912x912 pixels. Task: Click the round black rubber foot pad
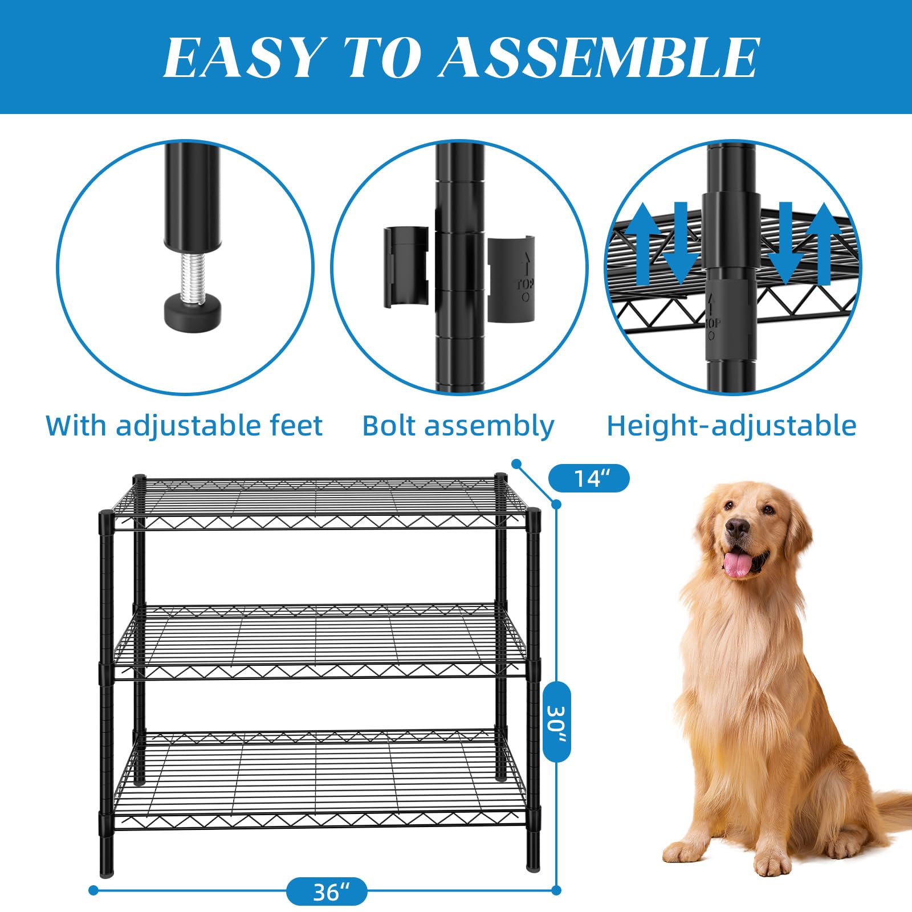(x=193, y=310)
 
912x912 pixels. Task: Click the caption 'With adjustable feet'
(x=184, y=426)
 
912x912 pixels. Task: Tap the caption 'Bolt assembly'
(x=458, y=426)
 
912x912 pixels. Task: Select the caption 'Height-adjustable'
(x=731, y=426)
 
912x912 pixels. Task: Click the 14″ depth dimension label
(x=589, y=478)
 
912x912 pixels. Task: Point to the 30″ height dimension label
(x=556, y=722)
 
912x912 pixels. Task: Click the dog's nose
(x=738, y=527)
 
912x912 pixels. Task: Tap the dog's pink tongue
(x=737, y=564)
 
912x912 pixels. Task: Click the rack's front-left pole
(x=107, y=693)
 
